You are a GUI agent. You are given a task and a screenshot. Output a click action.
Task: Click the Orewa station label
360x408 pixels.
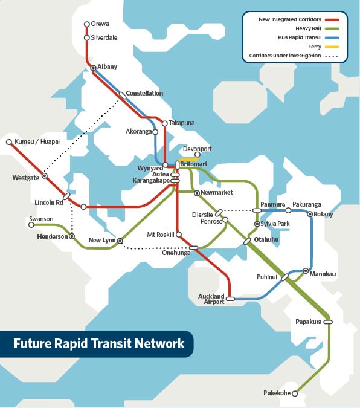[x=100, y=24]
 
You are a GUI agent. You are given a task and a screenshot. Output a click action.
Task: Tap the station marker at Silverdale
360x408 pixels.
[x=86, y=37]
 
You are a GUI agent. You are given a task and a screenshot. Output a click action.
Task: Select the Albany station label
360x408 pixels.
[x=107, y=66]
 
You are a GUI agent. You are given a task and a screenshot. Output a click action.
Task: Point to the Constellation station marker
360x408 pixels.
[x=122, y=94]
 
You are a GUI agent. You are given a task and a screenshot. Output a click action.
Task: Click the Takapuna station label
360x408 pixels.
[x=182, y=123]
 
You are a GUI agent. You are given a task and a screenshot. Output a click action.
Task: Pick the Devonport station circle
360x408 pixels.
[x=197, y=155]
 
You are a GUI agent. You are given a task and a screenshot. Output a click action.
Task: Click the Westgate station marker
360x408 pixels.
[x=45, y=176]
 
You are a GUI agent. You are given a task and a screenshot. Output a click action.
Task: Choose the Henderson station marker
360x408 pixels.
[x=72, y=236]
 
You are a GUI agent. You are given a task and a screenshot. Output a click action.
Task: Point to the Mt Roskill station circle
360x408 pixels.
[x=179, y=234]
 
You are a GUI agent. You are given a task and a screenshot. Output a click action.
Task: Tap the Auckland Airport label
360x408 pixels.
[x=211, y=299]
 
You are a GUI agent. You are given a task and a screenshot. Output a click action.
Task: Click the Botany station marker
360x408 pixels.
[x=310, y=214]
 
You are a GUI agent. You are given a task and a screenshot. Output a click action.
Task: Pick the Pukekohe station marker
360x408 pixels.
[x=295, y=393]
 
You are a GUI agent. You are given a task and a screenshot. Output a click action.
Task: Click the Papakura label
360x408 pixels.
[x=309, y=322]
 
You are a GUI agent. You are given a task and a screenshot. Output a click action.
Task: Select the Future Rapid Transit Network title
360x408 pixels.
[x=99, y=344]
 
